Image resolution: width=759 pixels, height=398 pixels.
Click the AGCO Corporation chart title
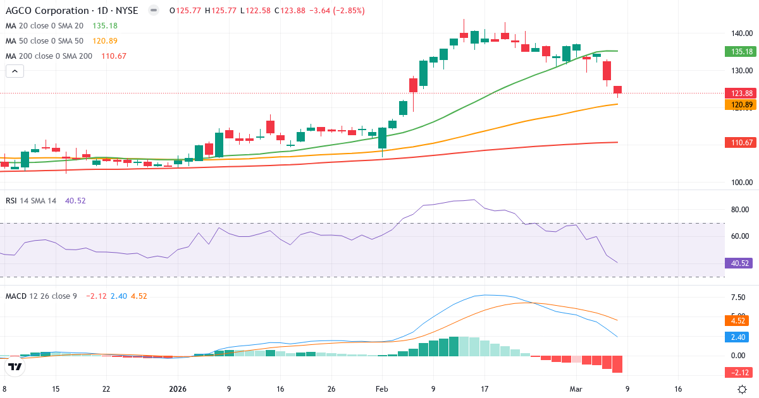click(47, 11)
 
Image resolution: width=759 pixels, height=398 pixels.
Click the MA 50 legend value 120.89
click(104, 41)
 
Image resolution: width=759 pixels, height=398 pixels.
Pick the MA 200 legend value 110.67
click(114, 56)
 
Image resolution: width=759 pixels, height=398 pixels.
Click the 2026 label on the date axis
click(177, 389)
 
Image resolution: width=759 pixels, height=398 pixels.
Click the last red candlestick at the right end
click(617, 90)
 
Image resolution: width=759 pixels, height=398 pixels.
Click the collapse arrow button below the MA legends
click(15, 71)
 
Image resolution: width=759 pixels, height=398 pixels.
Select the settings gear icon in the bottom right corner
click(743, 389)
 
